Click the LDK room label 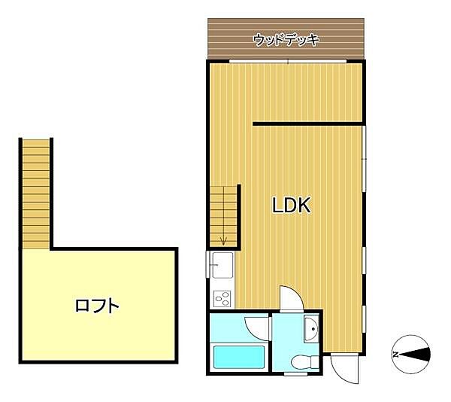pos(291,206)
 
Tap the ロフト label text pos(97,306)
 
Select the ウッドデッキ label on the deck pos(286,39)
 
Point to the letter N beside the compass pos(395,352)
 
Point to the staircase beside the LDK pos(223,215)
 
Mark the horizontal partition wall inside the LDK pos(308,122)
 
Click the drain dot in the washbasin pos(312,328)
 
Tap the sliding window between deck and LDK pos(286,60)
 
